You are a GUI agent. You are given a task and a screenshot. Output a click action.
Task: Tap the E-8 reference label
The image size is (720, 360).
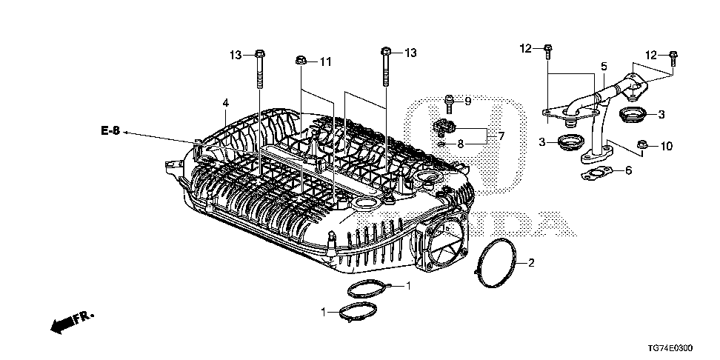[x=110, y=131]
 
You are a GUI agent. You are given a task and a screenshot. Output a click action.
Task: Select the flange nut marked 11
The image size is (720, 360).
[x=302, y=61]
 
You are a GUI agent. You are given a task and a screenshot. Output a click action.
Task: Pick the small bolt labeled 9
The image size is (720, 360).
[x=449, y=101]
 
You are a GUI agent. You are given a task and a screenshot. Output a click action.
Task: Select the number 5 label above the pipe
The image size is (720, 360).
[x=603, y=66]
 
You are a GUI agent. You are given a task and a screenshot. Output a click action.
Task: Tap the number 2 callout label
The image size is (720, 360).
[x=530, y=262]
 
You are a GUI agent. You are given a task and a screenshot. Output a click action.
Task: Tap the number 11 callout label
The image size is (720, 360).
[x=326, y=61]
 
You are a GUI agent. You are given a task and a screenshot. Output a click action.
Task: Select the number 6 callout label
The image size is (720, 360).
[x=628, y=170]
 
